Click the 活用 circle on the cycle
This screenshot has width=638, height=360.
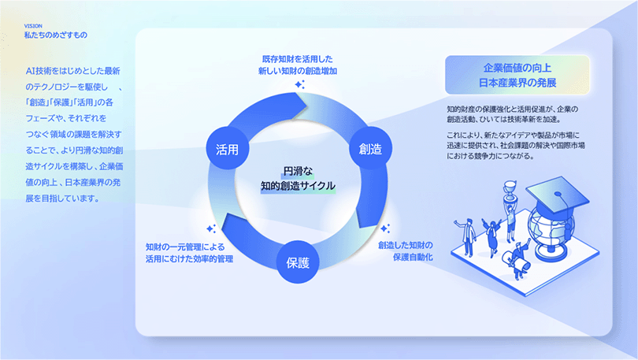(x=222, y=150)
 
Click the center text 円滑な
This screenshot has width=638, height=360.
(x=298, y=170)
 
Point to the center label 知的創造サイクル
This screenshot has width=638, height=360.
(x=298, y=186)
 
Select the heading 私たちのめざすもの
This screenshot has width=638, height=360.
(x=55, y=35)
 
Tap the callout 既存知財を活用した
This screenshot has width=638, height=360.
(x=298, y=58)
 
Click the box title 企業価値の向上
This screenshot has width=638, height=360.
(x=517, y=67)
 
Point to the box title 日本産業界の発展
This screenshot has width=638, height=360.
(x=517, y=82)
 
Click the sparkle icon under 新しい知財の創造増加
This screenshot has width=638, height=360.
(x=299, y=84)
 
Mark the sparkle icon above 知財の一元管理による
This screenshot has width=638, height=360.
(x=210, y=228)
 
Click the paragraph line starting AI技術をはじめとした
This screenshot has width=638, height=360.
(x=69, y=71)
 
